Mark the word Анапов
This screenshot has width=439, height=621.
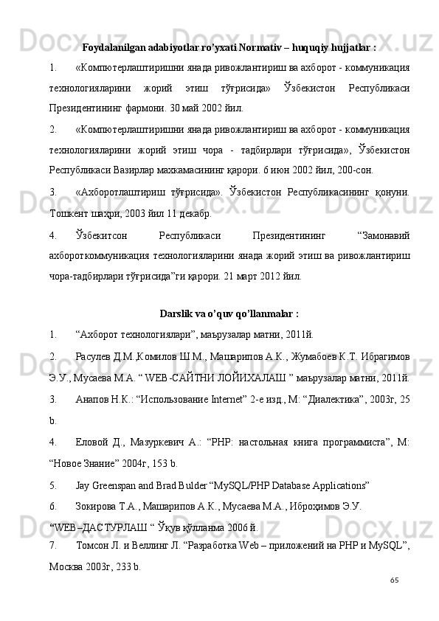pos(91,399)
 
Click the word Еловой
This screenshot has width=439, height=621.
pos(92,443)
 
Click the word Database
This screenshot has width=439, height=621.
pos(288,487)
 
